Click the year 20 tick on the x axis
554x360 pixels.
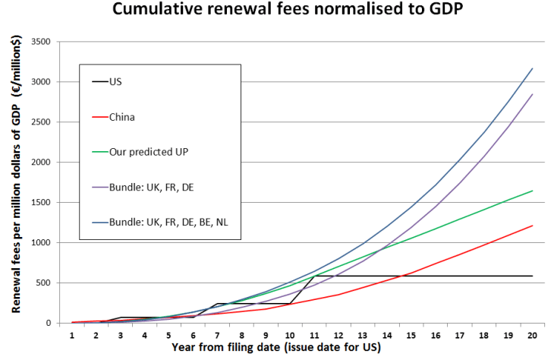532,335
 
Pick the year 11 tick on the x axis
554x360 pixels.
313,335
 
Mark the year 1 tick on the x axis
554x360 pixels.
71,335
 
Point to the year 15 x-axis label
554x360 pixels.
411,335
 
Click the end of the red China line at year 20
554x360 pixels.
532,226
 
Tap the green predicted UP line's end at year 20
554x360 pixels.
532,191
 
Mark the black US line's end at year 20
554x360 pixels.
532,276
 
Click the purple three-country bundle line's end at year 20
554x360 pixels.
532,94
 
